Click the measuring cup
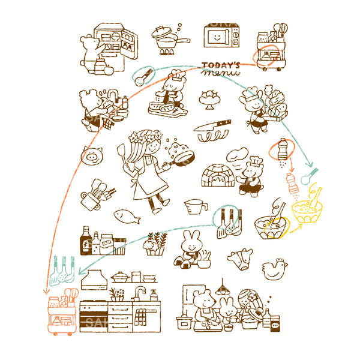(197, 208)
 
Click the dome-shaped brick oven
(218, 176)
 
